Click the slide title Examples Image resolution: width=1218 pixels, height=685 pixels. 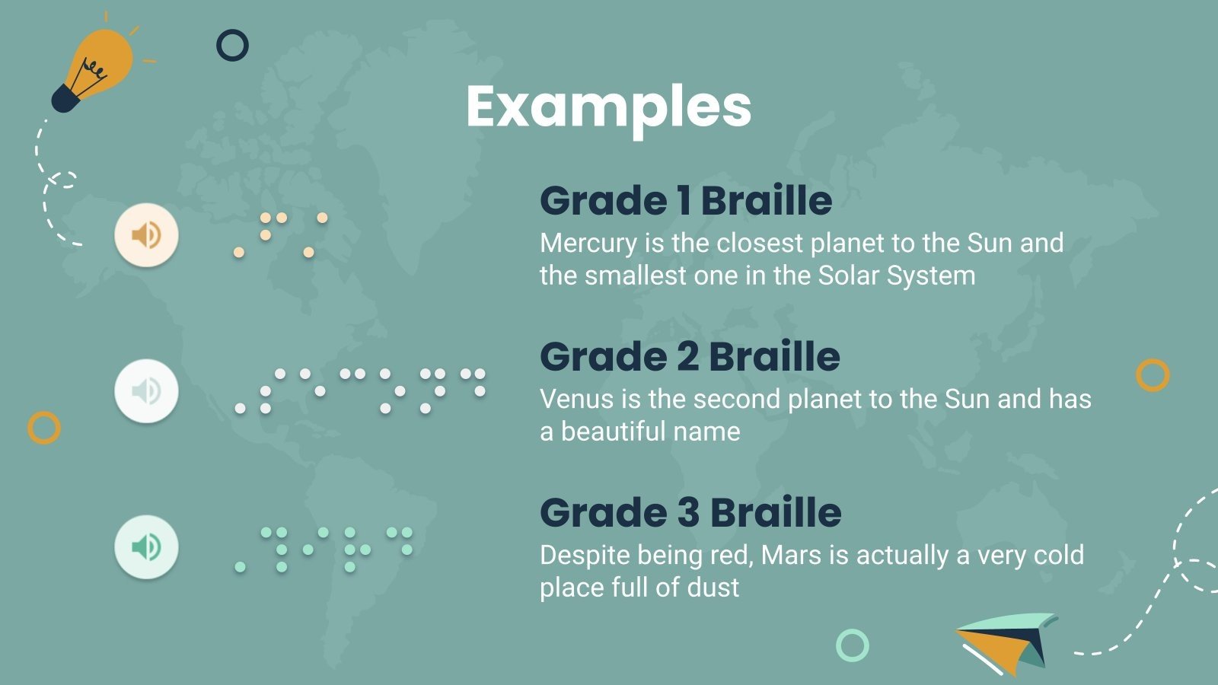(x=608, y=107)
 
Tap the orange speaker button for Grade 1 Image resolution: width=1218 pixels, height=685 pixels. (x=146, y=234)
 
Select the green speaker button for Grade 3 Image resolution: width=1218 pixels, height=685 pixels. (x=146, y=546)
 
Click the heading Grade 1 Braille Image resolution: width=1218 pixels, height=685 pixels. (x=685, y=201)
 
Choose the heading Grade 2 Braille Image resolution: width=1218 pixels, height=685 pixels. (x=689, y=357)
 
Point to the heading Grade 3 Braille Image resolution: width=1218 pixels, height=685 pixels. (x=690, y=513)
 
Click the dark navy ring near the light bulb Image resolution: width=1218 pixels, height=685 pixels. (x=232, y=46)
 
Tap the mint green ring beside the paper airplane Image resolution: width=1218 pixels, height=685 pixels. (x=852, y=645)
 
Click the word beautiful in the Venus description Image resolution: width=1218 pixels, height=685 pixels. (x=623, y=432)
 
